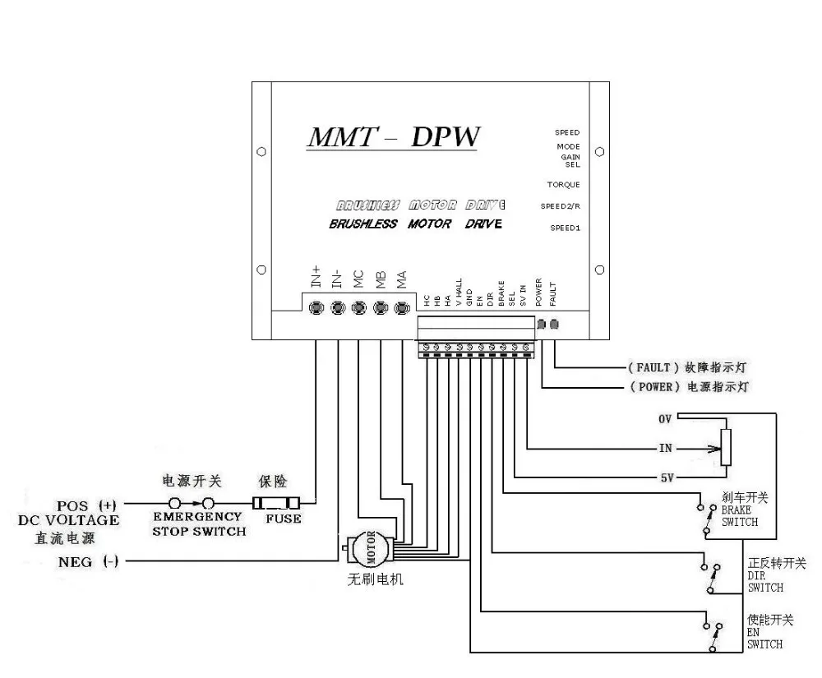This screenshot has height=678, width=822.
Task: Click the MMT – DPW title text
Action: (x=392, y=137)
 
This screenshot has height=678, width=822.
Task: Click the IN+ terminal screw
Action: (x=316, y=308)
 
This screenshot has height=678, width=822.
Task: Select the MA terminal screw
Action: (x=401, y=308)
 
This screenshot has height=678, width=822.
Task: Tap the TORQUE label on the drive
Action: (x=564, y=185)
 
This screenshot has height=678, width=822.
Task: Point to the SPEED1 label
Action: (x=566, y=228)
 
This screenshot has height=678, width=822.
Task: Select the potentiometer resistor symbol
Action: (x=725, y=448)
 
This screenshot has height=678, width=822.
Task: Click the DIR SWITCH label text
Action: (x=764, y=583)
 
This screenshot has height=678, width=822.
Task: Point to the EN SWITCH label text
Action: (x=764, y=639)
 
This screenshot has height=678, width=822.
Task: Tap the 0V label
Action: (x=665, y=418)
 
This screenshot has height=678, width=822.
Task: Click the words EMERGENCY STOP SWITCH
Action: (x=197, y=523)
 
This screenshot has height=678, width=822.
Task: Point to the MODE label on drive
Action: (x=568, y=147)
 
